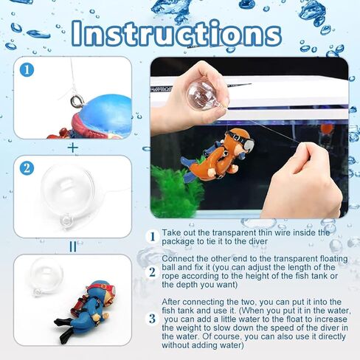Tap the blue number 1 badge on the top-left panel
click(x=27, y=71)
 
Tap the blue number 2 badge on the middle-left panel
click(x=27, y=168)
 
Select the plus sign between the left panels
click(x=73, y=147)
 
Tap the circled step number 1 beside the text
click(x=152, y=237)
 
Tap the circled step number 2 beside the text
click(x=152, y=271)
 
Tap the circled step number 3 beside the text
click(x=152, y=319)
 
